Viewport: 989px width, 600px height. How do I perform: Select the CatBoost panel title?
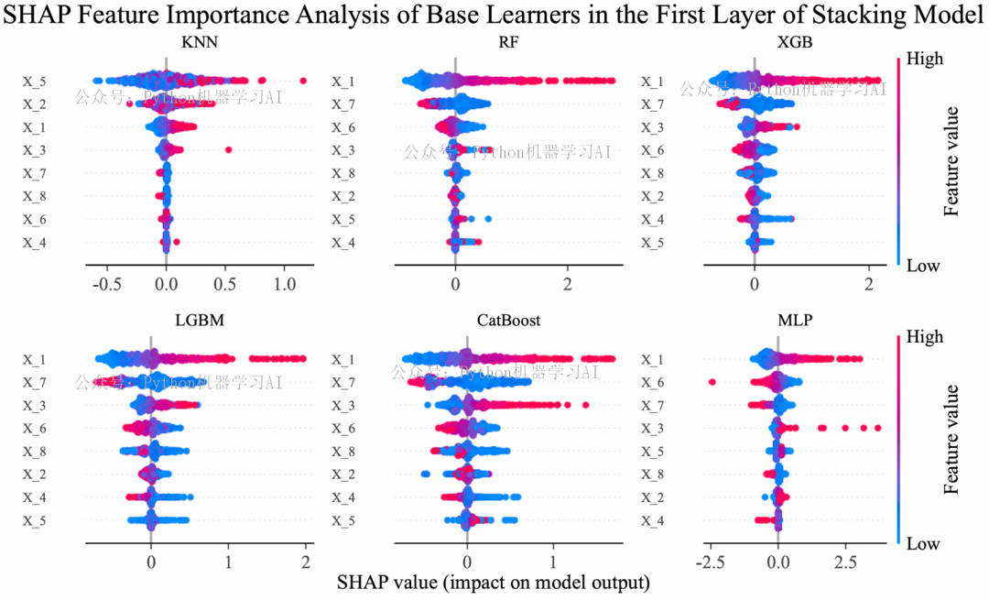[508, 321]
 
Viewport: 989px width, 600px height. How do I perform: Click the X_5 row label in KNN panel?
[36, 82]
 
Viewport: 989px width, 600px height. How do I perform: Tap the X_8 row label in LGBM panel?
[36, 452]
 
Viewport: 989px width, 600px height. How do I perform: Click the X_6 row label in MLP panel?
[651, 382]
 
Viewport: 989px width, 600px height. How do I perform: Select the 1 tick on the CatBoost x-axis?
[552, 561]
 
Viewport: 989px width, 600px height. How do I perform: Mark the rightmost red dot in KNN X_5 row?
[304, 81]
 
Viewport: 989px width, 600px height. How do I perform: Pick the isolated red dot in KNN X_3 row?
[228, 149]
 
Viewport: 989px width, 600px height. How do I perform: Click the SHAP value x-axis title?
[494, 583]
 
